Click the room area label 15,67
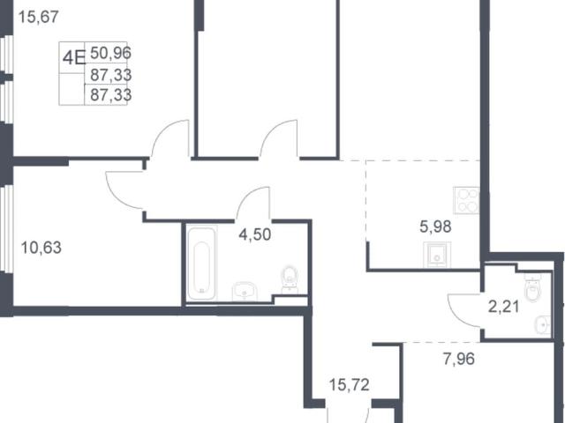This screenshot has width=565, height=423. pyautogui.click(x=39, y=17)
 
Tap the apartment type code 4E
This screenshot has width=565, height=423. pyautogui.click(x=73, y=57)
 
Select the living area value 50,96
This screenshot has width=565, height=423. pyautogui.click(x=110, y=53)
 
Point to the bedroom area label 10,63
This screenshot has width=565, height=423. pyautogui.click(x=41, y=248)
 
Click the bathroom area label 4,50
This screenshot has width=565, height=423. pyautogui.click(x=255, y=234)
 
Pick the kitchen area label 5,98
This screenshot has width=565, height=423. pyautogui.click(x=435, y=226)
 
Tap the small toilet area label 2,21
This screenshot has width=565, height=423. pyautogui.click(x=503, y=307)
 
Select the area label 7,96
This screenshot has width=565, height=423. pyautogui.click(x=459, y=359)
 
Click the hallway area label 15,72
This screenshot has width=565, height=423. pyautogui.click(x=350, y=385)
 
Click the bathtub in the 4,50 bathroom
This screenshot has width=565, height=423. pyautogui.click(x=202, y=263)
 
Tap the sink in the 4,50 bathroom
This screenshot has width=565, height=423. pyautogui.click(x=245, y=292)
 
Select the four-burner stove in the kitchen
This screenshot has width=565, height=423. pyautogui.click(x=466, y=200)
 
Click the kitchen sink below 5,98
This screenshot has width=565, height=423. pyautogui.click(x=437, y=255)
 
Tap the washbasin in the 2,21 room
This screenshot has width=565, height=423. pyautogui.click(x=543, y=325)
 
